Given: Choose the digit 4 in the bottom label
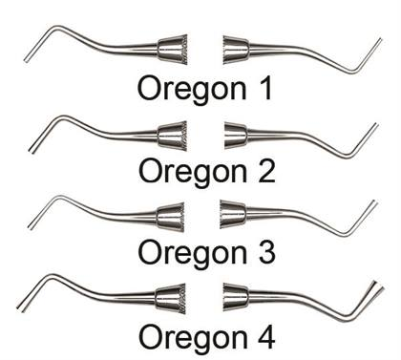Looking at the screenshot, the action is coord(264,336).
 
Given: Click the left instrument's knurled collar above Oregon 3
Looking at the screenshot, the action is coord(171,211).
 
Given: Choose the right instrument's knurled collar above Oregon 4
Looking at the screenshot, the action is coord(235,295).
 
